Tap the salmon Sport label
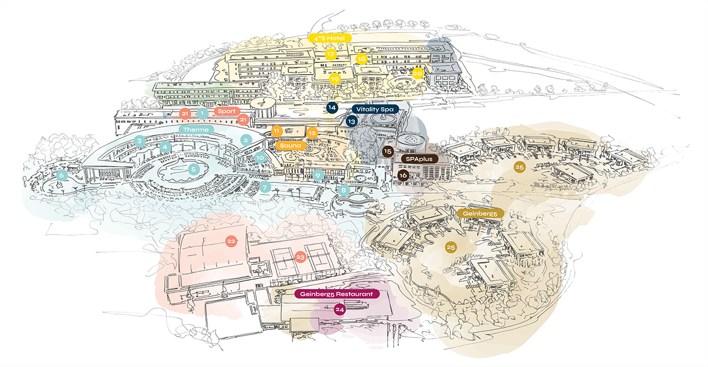226,111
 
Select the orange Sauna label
290,146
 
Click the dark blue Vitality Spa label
375,109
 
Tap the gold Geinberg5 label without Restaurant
480,213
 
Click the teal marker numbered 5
194,169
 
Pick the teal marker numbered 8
343,189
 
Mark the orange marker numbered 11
277,131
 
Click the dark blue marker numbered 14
332,107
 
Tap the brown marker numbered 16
403,175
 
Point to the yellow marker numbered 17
330,55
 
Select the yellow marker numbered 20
418,72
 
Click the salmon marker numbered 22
231,241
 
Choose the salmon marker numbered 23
301,257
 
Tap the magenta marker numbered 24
339,309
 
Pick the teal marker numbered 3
139,140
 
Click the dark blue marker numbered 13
351,122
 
